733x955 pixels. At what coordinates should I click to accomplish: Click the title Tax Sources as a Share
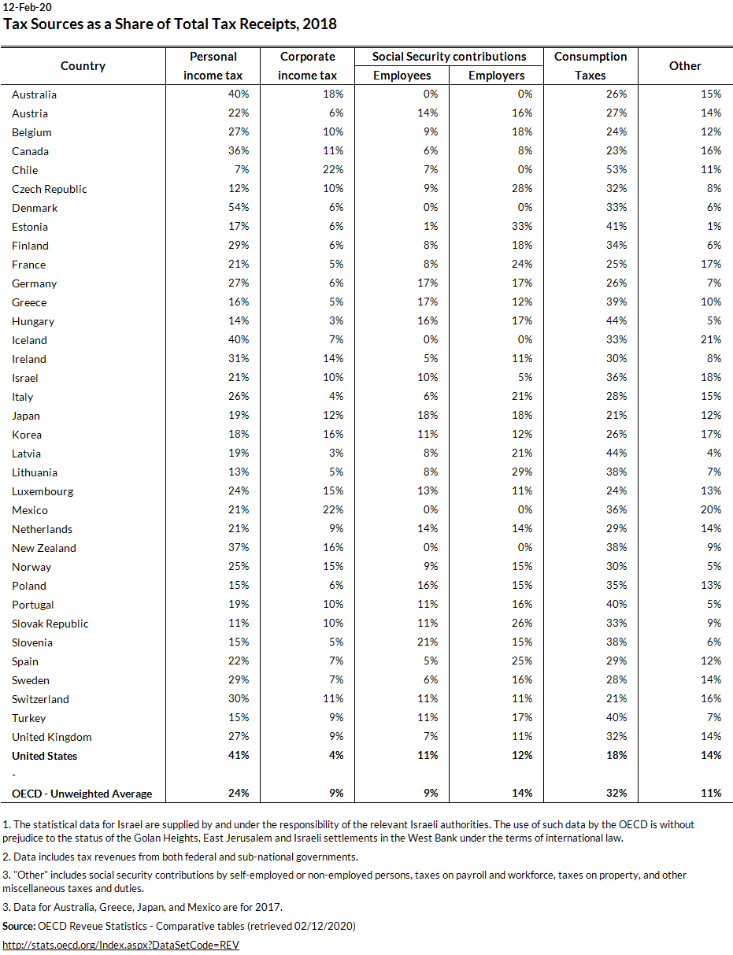tap(170, 24)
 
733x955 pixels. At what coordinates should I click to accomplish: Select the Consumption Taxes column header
tap(590, 66)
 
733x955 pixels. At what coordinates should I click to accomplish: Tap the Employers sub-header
tap(496, 76)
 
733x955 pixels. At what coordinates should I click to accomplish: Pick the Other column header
tap(685, 66)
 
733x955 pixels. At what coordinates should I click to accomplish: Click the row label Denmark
tap(35, 208)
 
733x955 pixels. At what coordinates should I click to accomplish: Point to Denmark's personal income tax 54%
tap(239, 208)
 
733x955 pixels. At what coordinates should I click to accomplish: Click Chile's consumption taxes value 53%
tap(616, 170)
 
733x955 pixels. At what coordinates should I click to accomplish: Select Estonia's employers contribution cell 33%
tap(522, 227)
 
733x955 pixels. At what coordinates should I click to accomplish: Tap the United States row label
tap(44, 756)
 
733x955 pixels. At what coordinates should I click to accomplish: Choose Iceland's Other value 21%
tap(711, 340)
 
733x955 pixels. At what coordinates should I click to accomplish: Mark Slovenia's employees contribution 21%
tap(428, 642)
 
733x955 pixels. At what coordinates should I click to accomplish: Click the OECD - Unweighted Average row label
tap(82, 794)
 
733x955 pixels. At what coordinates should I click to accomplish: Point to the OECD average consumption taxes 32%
tap(616, 794)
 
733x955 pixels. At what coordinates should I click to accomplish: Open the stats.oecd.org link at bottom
tap(120, 945)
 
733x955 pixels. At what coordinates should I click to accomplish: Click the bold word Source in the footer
tap(19, 927)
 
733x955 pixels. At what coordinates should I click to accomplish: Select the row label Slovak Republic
tap(50, 624)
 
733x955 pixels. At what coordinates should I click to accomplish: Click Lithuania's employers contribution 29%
tap(522, 472)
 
